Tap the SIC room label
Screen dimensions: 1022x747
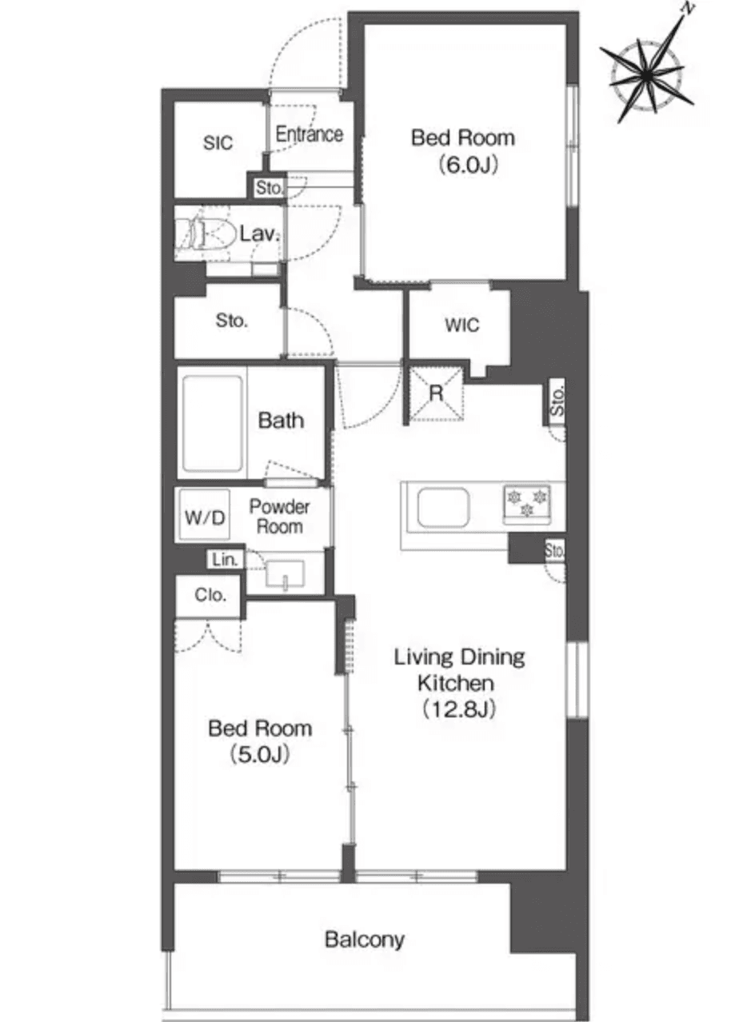pyautogui.click(x=218, y=143)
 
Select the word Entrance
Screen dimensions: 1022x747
pyautogui.click(x=310, y=134)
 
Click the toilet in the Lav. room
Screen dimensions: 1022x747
pyautogui.click(x=200, y=235)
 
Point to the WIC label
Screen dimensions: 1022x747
pyautogui.click(x=462, y=325)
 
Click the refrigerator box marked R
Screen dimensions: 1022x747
pyautogui.click(x=436, y=393)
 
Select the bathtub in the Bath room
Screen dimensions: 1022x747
pyautogui.click(x=212, y=423)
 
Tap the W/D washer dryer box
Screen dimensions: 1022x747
pyautogui.click(x=206, y=517)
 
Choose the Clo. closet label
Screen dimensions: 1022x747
pyautogui.click(x=210, y=596)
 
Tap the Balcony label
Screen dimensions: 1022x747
pyautogui.click(x=365, y=939)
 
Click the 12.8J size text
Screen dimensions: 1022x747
pyautogui.click(x=459, y=709)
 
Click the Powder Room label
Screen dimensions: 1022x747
pyautogui.click(x=279, y=517)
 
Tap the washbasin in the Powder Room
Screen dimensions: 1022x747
pyautogui.click(x=285, y=574)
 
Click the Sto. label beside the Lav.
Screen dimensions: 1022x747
pyautogui.click(x=270, y=189)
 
